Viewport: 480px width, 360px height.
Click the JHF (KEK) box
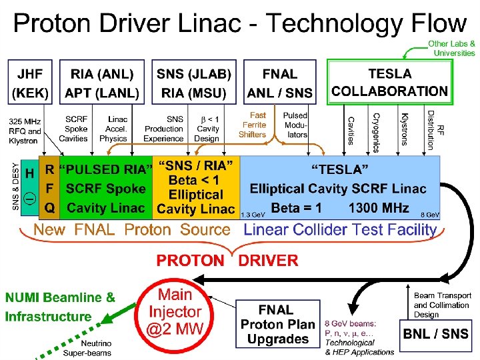[x=29, y=83]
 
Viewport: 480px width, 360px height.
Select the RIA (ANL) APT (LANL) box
[x=102, y=83]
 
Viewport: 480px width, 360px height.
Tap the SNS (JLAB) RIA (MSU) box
[x=194, y=83]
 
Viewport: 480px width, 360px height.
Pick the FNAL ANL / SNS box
[x=279, y=83]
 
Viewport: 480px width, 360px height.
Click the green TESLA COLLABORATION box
[x=390, y=82]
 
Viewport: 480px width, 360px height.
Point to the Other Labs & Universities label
[x=451, y=48]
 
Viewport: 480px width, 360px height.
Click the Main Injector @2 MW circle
[x=175, y=311]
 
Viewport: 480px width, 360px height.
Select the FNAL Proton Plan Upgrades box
[x=278, y=324]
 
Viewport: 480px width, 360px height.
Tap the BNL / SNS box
[x=436, y=333]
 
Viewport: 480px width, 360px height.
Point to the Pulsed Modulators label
[x=295, y=125]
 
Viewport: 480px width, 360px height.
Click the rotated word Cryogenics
[x=377, y=129]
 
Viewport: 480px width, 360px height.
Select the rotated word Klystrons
[x=404, y=129]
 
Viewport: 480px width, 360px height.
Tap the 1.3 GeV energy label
[x=251, y=215]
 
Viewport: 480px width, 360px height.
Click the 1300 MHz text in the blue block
[x=379, y=207]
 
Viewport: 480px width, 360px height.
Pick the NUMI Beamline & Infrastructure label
[x=60, y=307]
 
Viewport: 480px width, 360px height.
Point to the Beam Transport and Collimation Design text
[x=442, y=305]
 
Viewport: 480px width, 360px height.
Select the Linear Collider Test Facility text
[x=340, y=230]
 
